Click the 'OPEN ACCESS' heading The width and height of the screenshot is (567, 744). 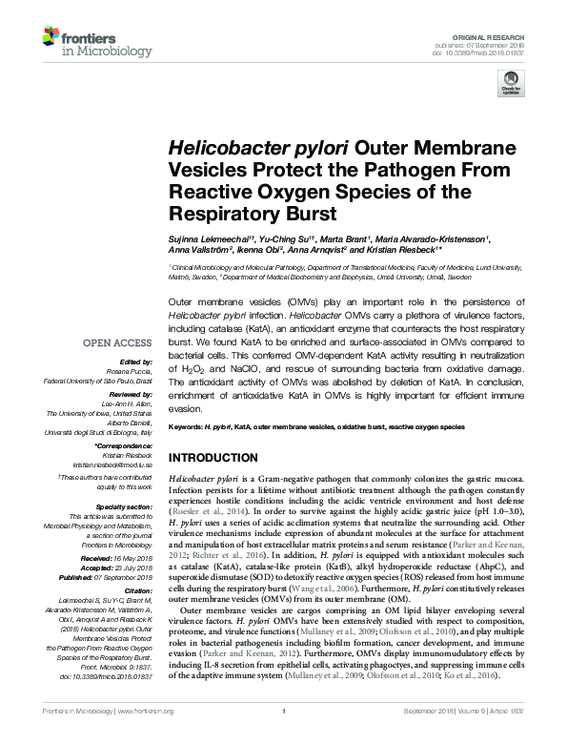(x=116, y=341)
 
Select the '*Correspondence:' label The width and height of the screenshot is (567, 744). (x=127, y=445)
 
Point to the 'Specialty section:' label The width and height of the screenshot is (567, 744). (x=125, y=507)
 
